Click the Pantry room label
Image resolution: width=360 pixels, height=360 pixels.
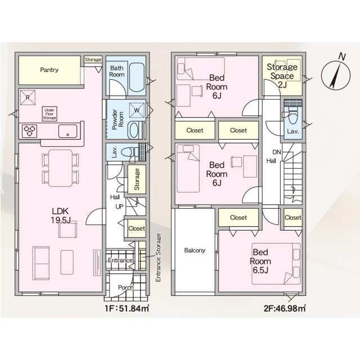click(x=49, y=70)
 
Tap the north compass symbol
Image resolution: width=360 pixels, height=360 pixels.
click(x=336, y=74)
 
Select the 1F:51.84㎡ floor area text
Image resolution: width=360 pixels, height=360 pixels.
click(x=127, y=308)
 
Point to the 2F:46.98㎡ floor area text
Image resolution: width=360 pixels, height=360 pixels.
click(x=285, y=308)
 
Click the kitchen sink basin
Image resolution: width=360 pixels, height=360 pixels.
click(x=67, y=131)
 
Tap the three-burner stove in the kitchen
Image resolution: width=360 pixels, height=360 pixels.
click(x=30, y=131)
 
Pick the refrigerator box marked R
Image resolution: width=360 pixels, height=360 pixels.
click(x=28, y=97)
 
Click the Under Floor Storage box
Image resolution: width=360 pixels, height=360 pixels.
click(x=49, y=114)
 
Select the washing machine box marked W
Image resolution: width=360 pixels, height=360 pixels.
click(x=137, y=110)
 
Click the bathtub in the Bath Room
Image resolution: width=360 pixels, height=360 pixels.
click(x=137, y=77)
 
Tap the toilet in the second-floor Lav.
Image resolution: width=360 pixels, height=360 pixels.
click(x=292, y=118)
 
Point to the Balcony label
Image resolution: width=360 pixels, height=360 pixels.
click(x=195, y=250)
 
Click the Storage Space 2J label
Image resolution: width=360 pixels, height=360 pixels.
click(x=282, y=76)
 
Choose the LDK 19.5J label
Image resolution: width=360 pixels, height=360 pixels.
click(x=61, y=215)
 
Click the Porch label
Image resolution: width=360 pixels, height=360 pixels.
click(x=125, y=287)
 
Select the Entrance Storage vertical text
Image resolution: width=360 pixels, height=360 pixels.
click(x=158, y=258)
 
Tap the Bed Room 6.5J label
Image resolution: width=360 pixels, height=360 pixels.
click(x=260, y=261)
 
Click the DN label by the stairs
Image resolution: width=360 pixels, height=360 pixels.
click(x=277, y=152)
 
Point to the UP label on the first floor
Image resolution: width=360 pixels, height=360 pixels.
click(x=119, y=207)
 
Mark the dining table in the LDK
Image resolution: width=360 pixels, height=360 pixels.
click(x=60, y=168)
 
